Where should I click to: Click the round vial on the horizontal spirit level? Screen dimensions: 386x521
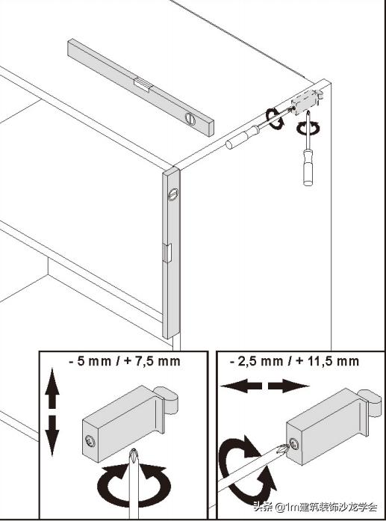tap(190, 119)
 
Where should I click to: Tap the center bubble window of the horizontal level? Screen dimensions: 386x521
tap(144, 85)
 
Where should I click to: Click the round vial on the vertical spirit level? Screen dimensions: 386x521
tap(173, 194)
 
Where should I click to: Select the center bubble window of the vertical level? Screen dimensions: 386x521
tap(167, 253)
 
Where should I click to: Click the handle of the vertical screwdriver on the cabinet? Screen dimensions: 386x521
tap(308, 167)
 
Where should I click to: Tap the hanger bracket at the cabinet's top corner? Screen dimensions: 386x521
tap(306, 101)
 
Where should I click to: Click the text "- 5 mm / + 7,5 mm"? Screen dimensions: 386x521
tap(125, 361)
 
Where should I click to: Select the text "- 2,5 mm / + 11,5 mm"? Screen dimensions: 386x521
tap(294, 361)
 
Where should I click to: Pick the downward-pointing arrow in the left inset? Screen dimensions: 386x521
tap(52, 436)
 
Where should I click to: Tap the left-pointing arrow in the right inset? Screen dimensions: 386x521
tap(241, 386)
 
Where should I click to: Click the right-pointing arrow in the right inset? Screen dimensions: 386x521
tap(288, 386)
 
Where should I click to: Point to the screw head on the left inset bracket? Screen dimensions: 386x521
tap(90, 441)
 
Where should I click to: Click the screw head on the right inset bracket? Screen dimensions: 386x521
tap(294, 443)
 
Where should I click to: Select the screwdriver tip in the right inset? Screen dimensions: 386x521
tap(283, 449)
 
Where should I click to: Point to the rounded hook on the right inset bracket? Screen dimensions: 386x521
tap(370, 402)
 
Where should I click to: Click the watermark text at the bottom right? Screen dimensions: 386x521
tap(315, 507)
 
